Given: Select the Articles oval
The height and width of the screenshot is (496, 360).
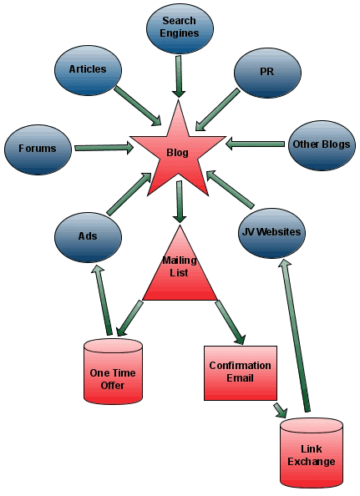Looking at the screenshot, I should click(x=88, y=69).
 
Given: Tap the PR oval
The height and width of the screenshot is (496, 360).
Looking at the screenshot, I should click(x=266, y=72).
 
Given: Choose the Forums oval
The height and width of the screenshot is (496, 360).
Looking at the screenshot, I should click(x=37, y=149).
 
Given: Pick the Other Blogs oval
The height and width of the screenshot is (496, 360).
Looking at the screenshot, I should click(x=322, y=144).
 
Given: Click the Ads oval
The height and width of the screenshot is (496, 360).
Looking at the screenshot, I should click(x=88, y=235).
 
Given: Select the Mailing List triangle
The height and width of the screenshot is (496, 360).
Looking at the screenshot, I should click(x=180, y=271).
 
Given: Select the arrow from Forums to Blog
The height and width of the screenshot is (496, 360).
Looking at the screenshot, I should click(x=104, y=148).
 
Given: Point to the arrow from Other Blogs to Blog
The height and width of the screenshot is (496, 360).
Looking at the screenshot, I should click(x=256, y=144).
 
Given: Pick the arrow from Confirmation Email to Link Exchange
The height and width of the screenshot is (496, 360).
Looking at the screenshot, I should click(x=279, y=409).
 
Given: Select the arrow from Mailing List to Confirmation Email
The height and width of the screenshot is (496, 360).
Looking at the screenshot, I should click(x=229, y=321).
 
